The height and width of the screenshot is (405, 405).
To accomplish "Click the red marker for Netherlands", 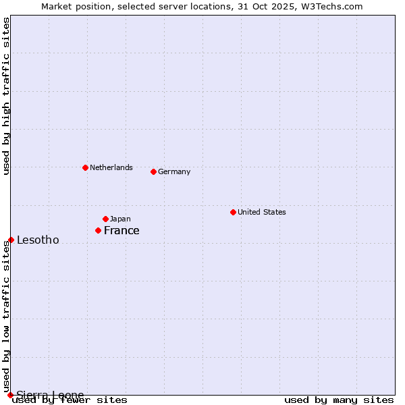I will point(85,167).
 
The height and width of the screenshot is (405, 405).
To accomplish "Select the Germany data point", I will point(153,171).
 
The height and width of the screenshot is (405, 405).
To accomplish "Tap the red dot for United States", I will point(233,212).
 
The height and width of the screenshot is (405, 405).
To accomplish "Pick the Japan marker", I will point(105,219).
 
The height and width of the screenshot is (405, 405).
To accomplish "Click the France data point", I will point(98,230).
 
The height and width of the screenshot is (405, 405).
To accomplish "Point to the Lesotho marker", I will point(11,240).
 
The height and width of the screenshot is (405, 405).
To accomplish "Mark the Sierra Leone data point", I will point(10,395).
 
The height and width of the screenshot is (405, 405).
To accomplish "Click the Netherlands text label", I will point(111,167).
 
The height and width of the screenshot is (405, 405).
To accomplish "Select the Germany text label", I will point(174,171).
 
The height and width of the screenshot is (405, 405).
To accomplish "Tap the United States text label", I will point(262,212).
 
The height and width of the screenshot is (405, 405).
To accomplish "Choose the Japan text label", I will point(120,219).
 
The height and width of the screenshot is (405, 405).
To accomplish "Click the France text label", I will point(122,230).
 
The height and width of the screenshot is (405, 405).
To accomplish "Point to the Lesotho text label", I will point(38,240).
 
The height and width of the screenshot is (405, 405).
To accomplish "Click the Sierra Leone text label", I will point(50,395).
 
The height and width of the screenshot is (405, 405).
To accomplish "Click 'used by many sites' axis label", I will point(339,400).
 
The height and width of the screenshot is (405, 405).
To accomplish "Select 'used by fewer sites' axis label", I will point(70,400).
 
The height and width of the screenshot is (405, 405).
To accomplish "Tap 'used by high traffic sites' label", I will point(7,96).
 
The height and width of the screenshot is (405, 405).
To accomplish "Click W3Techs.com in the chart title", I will point(331,6).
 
